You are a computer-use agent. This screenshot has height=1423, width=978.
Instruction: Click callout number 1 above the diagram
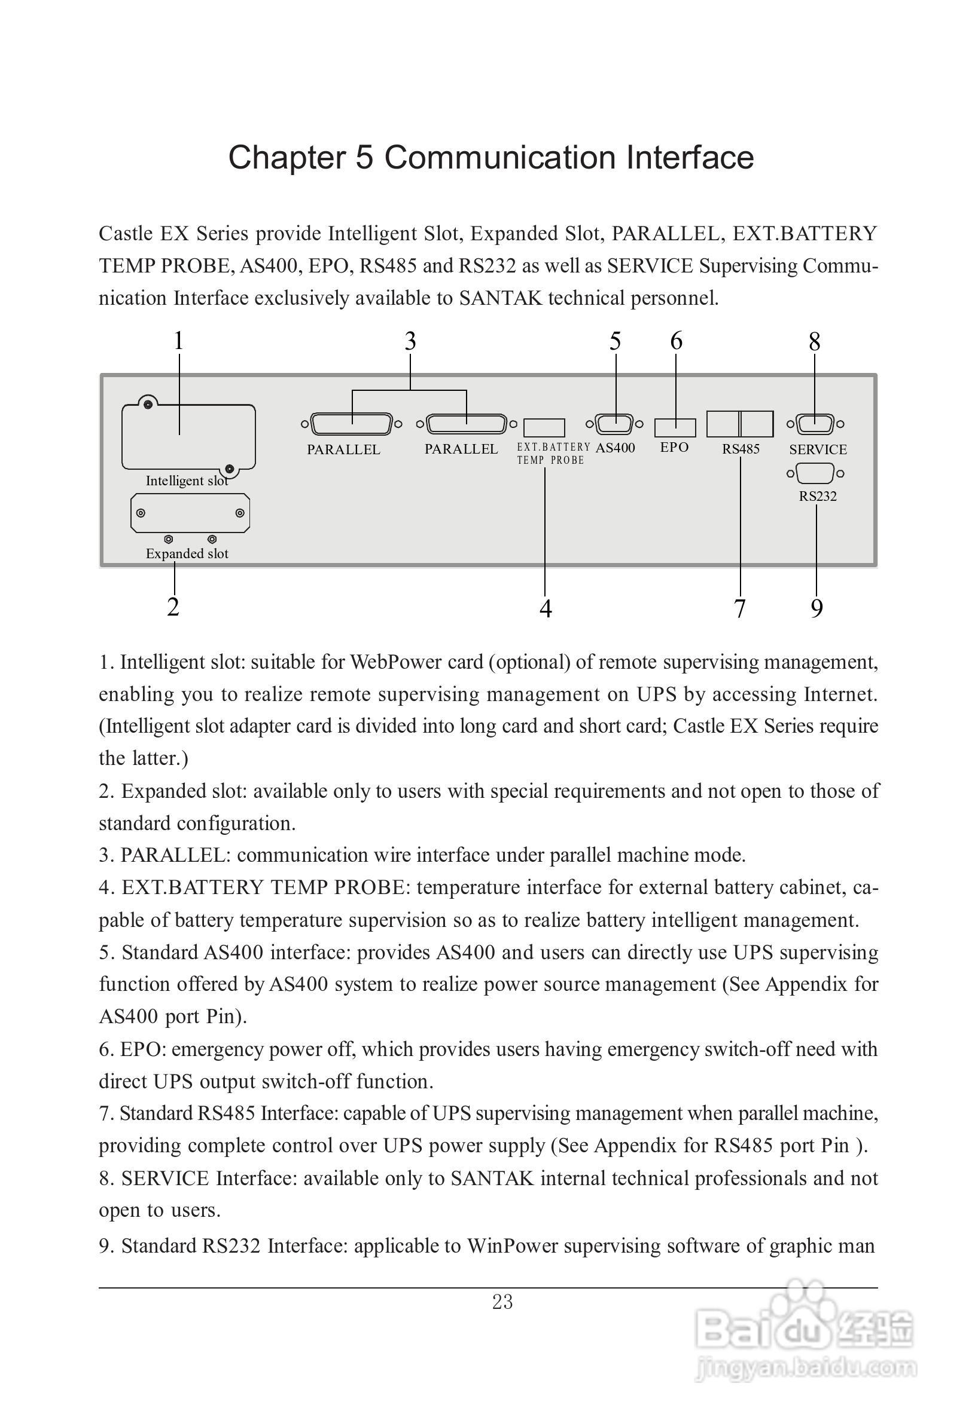point(178,341)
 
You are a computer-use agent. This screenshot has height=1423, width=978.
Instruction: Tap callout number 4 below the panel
point(546,608)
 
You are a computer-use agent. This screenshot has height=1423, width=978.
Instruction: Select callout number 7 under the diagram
point(739,608)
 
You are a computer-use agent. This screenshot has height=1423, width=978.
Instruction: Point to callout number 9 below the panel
point(816,608)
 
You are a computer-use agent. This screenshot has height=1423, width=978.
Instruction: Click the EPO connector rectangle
point(675,427)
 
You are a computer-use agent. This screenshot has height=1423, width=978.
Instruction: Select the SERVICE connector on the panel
point(814,424)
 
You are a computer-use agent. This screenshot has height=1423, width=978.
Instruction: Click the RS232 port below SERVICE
point(814,473)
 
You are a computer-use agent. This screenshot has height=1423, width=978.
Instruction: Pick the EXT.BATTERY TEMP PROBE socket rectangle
point(545,427)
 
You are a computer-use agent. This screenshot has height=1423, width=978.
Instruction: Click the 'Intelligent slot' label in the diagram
point(187,481)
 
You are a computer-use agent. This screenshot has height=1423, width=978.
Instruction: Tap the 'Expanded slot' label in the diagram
point(187,553)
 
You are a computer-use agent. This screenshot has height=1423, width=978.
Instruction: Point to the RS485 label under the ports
point(741,449)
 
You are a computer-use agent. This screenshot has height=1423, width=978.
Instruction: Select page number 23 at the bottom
point(502,1302)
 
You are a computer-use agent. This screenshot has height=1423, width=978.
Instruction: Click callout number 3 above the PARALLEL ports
point(410,341)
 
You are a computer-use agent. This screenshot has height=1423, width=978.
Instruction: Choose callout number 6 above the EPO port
point(676,341)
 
